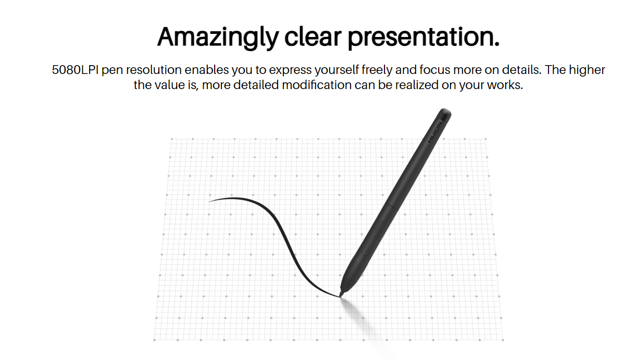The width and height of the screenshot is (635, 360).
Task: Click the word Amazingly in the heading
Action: [x=218, y=38]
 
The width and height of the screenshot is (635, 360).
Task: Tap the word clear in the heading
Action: [x=313, y=37]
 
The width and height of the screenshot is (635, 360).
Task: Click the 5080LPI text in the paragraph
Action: [x=75, y=70]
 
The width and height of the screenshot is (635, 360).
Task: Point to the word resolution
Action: [x=154, y=70]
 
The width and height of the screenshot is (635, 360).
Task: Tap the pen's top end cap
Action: [x=444, y=115]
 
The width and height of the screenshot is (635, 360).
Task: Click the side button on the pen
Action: [x=373, y=238]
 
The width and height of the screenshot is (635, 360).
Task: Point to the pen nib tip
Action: [x=340, y=296]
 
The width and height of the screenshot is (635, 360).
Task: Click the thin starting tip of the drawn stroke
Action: [x=209, y=202]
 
